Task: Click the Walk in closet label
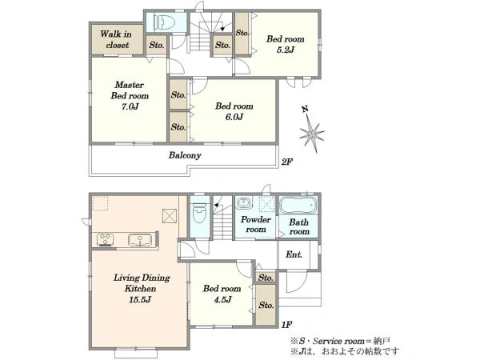tap(116, 39)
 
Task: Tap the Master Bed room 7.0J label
tap(130, 95)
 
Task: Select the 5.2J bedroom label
tap(286, 44)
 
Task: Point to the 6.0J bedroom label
tap(234, 111)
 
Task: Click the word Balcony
tap(185, 155)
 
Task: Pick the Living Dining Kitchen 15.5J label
tap(142, 288)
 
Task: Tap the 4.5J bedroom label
tap(222, 294)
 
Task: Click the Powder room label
tap(256, 224)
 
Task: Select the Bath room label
tap(299, 227)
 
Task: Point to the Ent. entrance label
tap(294, 254)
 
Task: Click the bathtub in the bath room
tap(298, 205)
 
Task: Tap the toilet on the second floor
tap(164, 22)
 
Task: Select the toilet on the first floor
tap(199, 213)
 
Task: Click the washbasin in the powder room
tap(244, 203)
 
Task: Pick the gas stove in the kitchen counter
tap(105, 240)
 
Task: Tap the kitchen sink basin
tap(139, 240)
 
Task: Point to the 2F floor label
tap(287, 162)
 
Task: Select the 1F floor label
tap(286, 325)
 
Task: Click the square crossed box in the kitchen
tap(170, 216)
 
